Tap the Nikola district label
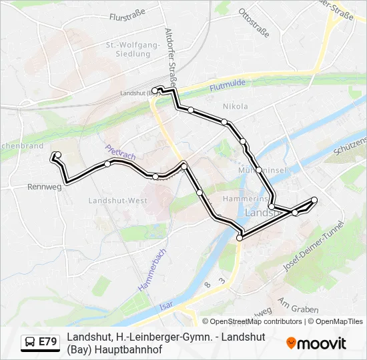click(235, 106)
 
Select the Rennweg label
click(45, 187)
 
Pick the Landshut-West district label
click(118, 200)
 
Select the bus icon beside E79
click(30, 342)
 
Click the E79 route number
click(47, 342)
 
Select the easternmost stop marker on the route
click(314, 200)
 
